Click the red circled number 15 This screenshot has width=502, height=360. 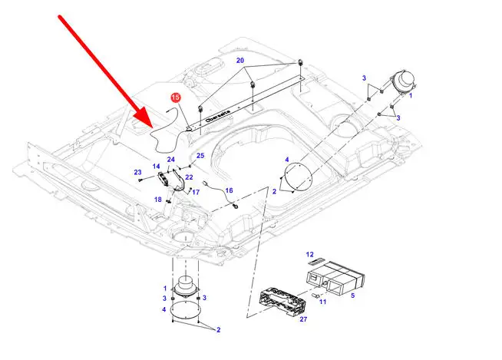(175, 97)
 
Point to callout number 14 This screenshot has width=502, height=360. (156, 167)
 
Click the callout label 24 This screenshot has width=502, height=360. (172, 160)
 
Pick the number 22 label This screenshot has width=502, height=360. (189, 177)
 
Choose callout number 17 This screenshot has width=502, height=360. (195, 192)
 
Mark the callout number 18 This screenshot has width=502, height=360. (158, 200)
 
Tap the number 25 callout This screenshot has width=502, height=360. (200, 156)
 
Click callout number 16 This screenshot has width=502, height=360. (229, 190)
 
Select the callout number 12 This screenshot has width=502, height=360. (310, 254)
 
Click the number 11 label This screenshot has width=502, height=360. (322, 302)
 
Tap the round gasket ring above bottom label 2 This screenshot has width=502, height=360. (183, 310)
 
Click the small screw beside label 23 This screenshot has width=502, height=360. (143, 180)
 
